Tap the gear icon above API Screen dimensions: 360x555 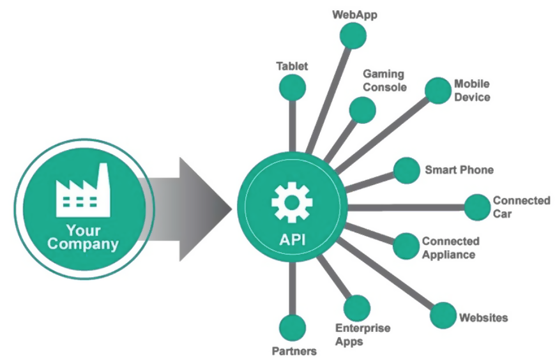point(291,202)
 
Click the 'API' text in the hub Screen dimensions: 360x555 point(291,241)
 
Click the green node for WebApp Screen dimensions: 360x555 point(353,36)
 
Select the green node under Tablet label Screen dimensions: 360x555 point(292,86)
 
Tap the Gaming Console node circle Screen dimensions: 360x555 point(363,110)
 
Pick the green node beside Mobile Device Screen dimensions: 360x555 point(438,91)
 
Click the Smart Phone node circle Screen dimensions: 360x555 point(406,170)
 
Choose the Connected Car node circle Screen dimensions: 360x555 point(476,207)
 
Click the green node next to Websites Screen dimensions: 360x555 point(443,316)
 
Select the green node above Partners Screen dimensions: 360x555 point(292,327)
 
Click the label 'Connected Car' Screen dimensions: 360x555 point(521,207)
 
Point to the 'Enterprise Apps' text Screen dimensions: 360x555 point(362,334)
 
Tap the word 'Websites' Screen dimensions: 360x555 point(483,317)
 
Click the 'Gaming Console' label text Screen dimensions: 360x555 point(384,81)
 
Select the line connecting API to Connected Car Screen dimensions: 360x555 point(409,207)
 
